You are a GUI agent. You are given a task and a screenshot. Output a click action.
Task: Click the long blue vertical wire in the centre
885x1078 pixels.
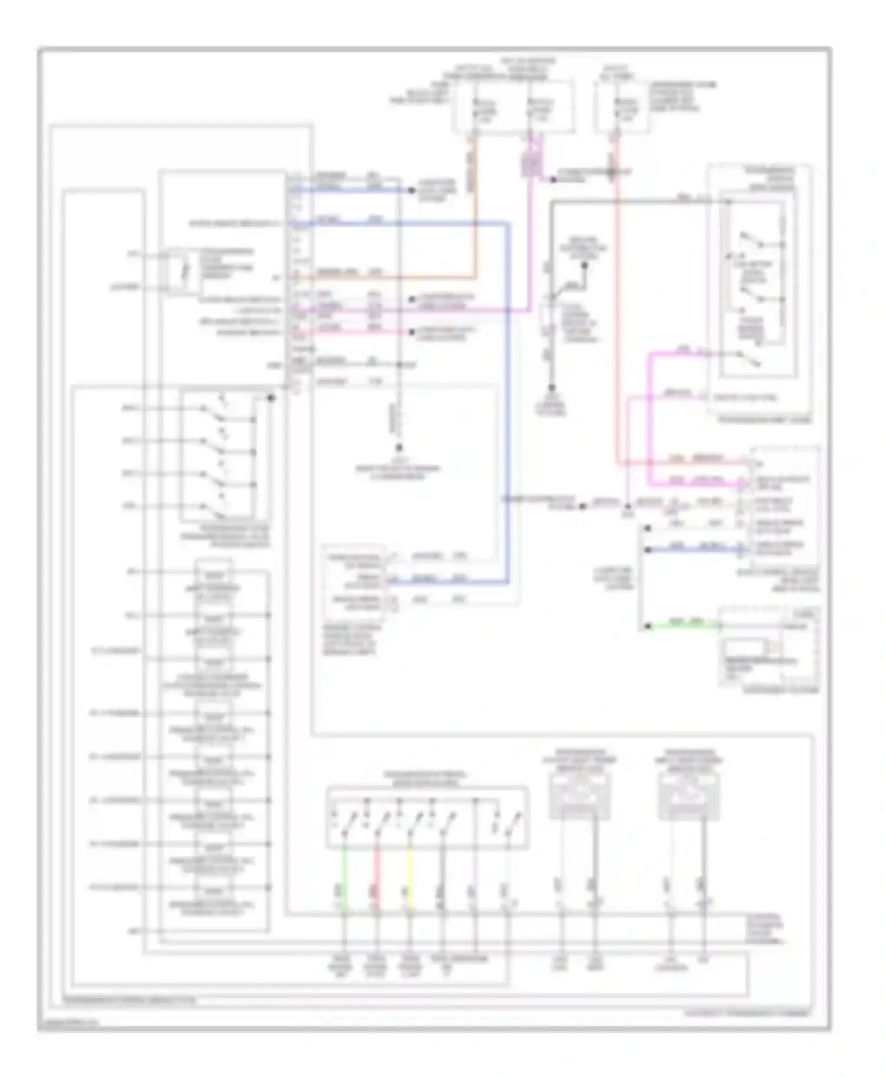click(x=507, y=401)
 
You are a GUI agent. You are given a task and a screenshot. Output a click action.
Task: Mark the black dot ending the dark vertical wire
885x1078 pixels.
click(x=552, y=388)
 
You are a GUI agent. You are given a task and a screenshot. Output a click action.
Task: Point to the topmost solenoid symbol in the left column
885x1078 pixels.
click(x=214, y=573)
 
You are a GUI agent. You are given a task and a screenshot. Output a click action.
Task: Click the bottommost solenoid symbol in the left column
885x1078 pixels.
click(x=214, y=889)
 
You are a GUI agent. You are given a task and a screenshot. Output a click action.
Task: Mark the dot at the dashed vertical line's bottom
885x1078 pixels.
click(x=399, y=448)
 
